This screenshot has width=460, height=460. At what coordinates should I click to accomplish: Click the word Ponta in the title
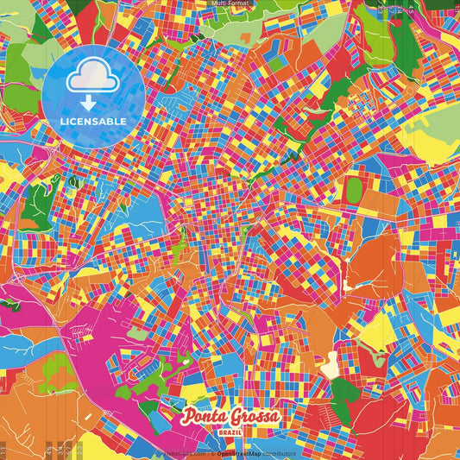(202, 418)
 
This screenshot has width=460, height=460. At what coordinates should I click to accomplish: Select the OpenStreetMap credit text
(241, 452)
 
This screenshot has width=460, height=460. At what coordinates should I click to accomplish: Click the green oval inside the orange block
(355, 190)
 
